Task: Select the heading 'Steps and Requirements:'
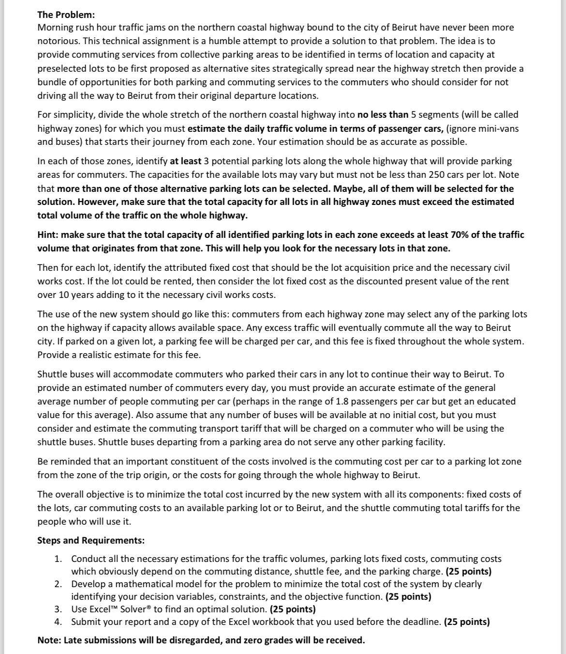click(91, 540)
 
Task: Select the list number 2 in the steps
click(58, 584)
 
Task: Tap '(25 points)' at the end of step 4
click(466, 622)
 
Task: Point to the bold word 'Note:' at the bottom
click(49, 640)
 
